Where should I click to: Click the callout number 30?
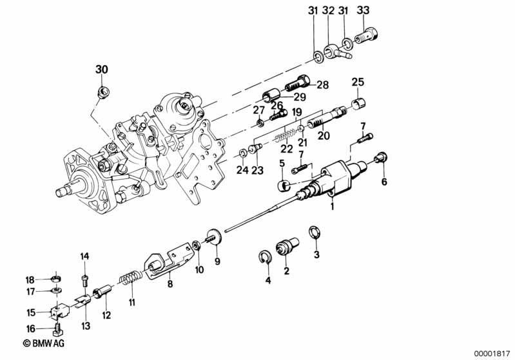tap(102, 69)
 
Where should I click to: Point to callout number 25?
tap(358, 82)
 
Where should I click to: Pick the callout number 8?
tap(170, 281)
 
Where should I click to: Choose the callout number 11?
tap(131, 302)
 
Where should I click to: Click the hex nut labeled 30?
tap(102, 91)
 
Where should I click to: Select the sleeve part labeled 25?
tap(359, 103)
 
